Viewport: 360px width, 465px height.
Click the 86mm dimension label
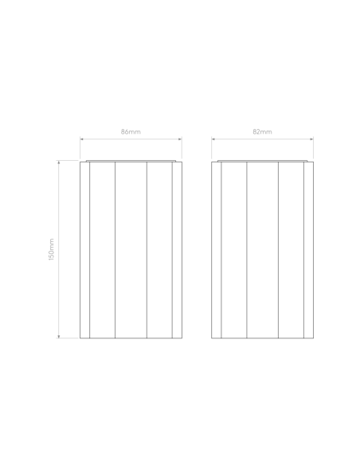coord(131,131)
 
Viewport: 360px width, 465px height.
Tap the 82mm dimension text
coord(262,131)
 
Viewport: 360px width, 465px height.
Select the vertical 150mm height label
coord(51,249)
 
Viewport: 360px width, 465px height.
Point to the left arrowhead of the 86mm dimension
coord(82,139)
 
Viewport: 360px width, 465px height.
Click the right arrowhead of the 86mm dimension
coord(180,139)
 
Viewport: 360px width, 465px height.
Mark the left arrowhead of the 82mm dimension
coord(213,139)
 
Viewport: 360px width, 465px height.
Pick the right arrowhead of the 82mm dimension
coord(311,139)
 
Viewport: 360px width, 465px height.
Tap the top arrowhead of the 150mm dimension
coord(59,162)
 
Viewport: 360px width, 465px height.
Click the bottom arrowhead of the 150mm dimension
coord(59,336)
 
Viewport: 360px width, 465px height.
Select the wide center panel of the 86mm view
coord(131,250)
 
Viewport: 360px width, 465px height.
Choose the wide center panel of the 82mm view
coord(263,250)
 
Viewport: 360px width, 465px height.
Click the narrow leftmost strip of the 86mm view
coord(84,250)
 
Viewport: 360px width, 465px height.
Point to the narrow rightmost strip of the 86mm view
coord(177,250)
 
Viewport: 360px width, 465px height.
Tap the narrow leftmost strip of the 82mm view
coord(216,250)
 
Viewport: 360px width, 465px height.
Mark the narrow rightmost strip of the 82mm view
coord(309,250)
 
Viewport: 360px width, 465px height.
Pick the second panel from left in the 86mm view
coord(102,250)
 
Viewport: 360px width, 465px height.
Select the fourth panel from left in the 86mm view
coord(159,250)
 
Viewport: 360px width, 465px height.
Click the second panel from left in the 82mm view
coord(234,250)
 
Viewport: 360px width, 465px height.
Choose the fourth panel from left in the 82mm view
coord(292,250)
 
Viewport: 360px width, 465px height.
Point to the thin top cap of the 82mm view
coord(263,161)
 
